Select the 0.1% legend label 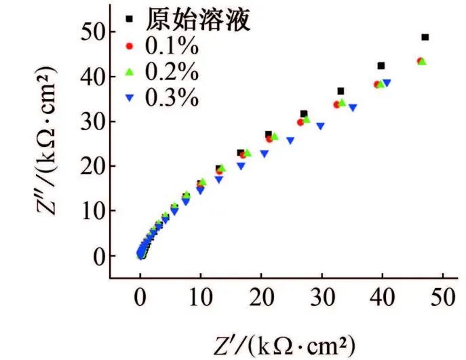click(x=171, y=47)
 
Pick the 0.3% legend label click(x=171, y=98)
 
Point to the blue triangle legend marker click(x=131, y=98)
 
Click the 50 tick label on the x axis click(x=442, y=299)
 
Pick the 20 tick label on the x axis click(x=261, y=299)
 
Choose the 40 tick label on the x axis click(x=382, y=299)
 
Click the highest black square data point click(x=425, y=37)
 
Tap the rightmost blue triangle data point click(x=387, y=83)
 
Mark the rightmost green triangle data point click(x=423, y=62)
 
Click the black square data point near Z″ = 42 click(x=381, y=66)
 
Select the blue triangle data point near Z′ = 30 click(x=320, y=125)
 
